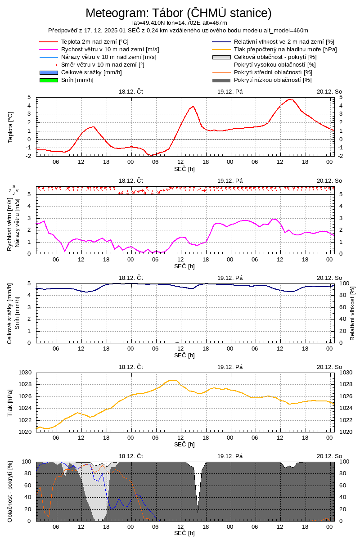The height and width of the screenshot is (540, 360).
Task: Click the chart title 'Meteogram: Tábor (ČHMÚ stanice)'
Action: pos(179,13)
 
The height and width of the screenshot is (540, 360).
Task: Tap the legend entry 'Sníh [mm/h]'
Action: pos(77,80)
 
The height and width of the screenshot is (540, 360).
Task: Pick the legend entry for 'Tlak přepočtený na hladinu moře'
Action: pos(285,49)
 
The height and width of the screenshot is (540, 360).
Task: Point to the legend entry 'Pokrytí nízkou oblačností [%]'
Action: pos(273,80)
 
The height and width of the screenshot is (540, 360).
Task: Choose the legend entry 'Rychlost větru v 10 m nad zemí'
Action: pos(110,49)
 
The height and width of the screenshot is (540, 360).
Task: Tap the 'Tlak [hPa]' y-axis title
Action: pos(11,402)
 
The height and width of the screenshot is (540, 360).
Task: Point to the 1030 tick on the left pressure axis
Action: pos(24,373)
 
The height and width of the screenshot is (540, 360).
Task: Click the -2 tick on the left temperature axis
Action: pos(28,156)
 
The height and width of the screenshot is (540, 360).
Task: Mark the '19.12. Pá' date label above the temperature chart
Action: pos(230,91)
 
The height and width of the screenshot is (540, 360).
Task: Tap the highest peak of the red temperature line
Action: pos(290,99)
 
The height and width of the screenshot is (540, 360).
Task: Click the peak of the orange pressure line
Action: pos(172,380)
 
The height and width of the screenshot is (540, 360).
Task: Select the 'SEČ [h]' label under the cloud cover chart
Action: pos(184,533)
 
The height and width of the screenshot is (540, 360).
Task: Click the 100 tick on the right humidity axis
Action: pos(344,283)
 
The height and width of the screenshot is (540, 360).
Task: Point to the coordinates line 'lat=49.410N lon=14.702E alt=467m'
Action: pos(180,22)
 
